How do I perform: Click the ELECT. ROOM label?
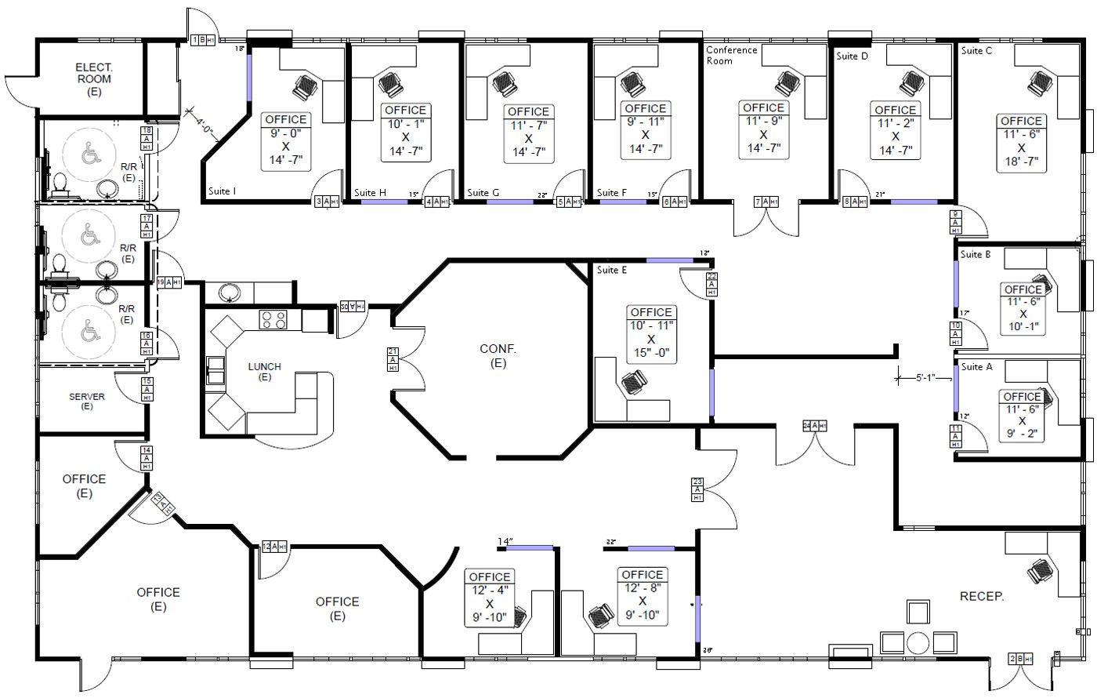click(93, 79)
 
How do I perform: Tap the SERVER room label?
click(87, 401)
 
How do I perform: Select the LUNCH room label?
click(265, 371)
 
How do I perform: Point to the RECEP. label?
click(982, 597)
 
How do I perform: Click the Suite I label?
click(223, 191)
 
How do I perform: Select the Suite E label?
click(612, 271)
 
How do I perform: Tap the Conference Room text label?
click(732, 55)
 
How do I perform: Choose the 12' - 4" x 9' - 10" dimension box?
click(490, 598)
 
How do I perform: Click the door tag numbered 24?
click(815, 426)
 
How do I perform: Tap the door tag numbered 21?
click(393, 359)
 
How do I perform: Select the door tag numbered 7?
click(766, 202)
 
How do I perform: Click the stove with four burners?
click(273, 319)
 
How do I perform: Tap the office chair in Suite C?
click(1038, 82)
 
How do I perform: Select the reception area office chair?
click(1041, 570)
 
